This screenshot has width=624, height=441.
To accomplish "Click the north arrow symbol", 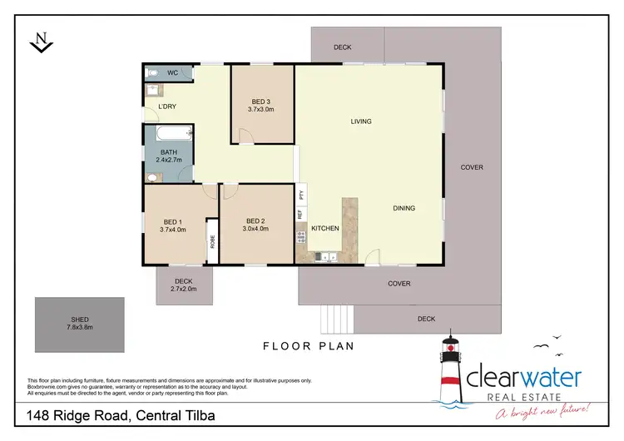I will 38,42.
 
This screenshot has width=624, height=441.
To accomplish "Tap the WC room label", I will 172,73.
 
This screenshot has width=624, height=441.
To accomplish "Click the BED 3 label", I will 261,102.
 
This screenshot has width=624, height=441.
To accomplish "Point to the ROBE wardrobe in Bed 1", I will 212,243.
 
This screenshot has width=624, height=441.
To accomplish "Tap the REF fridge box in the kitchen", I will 300,214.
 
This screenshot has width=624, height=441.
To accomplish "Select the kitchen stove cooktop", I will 301,238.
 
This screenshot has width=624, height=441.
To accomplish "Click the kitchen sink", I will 327,257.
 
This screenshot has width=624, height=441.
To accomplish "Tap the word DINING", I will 404,208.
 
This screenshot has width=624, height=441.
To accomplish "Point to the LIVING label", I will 360,121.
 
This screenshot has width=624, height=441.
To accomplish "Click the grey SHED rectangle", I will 79,325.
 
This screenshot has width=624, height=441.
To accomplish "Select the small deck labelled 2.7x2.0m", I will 183,285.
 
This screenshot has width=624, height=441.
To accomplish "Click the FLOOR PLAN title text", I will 309,345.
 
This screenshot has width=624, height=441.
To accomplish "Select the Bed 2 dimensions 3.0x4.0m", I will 255,229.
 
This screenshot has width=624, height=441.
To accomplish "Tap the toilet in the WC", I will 153,73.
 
